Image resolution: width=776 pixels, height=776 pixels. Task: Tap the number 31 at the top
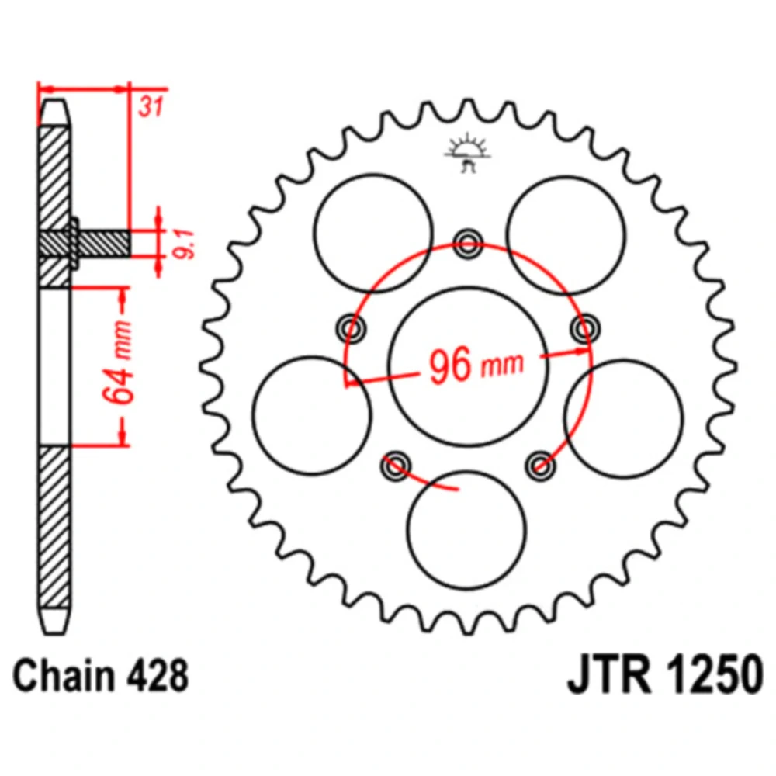[151, 107]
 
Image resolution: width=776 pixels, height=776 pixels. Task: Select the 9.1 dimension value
[184, 242]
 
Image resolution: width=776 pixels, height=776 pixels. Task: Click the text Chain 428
[102, 676]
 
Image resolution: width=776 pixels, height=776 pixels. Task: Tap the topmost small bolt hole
[468, 241]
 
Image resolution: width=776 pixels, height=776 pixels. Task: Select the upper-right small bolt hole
[584, 329]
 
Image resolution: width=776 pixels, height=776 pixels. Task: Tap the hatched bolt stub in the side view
[101, 242]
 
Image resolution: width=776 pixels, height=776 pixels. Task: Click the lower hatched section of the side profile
[54, 528]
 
